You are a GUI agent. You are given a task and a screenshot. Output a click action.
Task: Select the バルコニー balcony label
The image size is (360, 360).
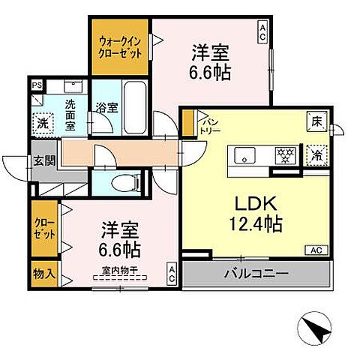255,274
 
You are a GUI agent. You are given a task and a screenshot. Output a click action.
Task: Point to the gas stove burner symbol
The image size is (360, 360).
283,156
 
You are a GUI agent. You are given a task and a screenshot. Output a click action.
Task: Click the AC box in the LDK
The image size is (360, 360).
313,250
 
